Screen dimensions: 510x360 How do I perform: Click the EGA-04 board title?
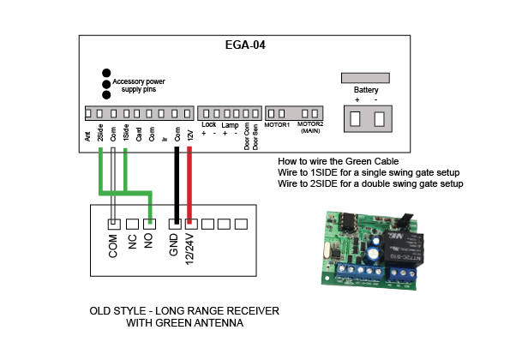coord(245,45)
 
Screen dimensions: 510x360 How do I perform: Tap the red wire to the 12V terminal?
coord(189,185)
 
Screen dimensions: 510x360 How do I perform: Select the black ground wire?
coord(177,185)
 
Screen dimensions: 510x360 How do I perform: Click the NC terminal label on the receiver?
coord(132,241)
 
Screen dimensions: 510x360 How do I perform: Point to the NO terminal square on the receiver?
coord(149,224)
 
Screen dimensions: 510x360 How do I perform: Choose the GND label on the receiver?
coord(174,244)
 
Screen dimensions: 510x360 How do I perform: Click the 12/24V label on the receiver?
coord(189,249)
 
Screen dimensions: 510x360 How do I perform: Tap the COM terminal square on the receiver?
coord(114,224)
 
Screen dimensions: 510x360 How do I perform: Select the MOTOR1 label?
coord(277,125)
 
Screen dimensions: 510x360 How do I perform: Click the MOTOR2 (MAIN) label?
coord(310,128)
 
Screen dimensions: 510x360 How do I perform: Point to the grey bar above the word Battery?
coord(365,78)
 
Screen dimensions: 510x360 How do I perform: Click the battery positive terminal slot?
coord(355,118)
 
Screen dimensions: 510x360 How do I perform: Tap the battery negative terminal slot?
coord(379,118)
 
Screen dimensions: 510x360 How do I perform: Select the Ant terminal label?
coord(87,136)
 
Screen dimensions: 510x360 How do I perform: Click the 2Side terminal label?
coord(100,133)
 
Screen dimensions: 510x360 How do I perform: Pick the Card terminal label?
coord(139,135)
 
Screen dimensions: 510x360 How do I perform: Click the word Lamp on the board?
coord(230,125)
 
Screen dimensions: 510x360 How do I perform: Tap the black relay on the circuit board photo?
coord(403,249)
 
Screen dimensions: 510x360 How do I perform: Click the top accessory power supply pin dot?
coord(106,73)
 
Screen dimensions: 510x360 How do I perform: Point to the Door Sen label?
coord(255,137)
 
